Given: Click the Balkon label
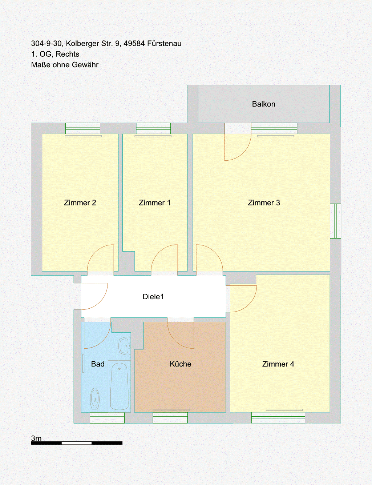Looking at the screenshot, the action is point(263,104).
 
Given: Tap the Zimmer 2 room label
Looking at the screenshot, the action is point(80,203).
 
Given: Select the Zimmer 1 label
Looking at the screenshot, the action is point(154,203).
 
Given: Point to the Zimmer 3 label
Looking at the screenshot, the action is point(264,203).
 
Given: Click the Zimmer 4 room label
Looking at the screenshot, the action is point(278,364).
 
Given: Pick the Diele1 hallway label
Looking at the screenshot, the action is point(153,297).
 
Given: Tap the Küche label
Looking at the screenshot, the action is point(181,364).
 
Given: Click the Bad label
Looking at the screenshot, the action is point(98,364).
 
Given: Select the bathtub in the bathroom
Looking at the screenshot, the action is point(119,386).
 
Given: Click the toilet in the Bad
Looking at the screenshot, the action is point(95,399).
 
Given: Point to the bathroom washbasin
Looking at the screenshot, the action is point(125,346).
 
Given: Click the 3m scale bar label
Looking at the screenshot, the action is point(36,438).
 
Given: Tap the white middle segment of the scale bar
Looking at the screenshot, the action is point(77,443).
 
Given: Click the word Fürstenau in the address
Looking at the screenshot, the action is point(164,43).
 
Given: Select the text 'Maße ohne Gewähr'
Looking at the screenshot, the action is point(65,65).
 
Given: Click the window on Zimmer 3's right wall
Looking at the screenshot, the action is point(335,221).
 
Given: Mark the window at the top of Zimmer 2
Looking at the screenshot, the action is point(83,129).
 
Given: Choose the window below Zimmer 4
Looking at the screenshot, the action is point(278,418).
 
